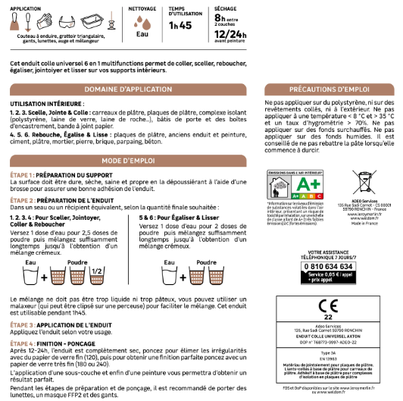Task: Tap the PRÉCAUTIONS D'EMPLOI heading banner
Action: coord(329,89)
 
